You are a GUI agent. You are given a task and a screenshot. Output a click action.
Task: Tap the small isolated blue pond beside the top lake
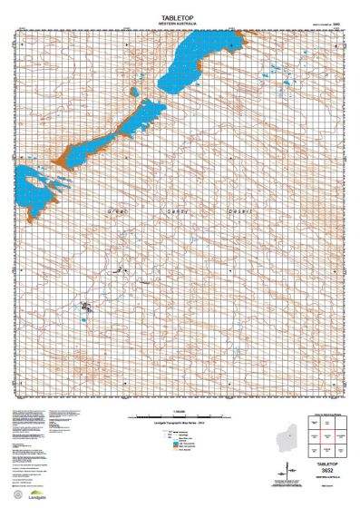pos(133,92)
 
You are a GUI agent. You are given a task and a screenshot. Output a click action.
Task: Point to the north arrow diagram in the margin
pos(288,471)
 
